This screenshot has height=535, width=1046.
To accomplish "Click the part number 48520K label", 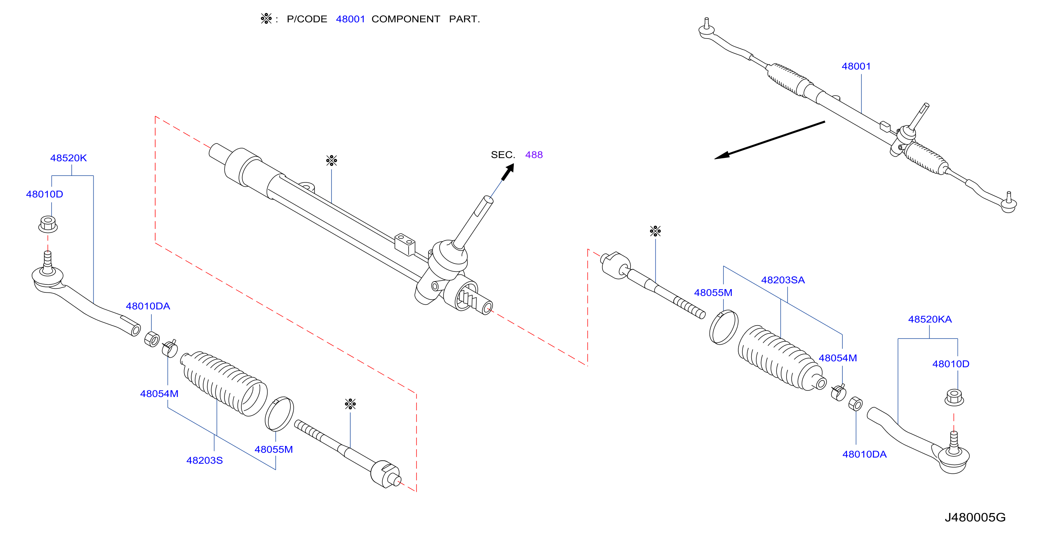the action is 68,158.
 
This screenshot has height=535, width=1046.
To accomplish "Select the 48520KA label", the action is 930,319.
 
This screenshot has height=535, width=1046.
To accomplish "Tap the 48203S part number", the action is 204,460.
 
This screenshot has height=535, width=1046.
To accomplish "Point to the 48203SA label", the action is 783,280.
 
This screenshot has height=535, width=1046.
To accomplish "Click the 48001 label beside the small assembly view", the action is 856,66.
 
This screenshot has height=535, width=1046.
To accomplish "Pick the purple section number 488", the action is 534,155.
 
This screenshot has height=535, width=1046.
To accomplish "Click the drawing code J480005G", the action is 975,517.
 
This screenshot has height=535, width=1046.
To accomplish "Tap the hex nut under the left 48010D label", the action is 48,225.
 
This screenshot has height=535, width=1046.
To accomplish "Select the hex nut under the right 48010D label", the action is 954,397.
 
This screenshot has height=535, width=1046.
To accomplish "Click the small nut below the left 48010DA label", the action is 152,339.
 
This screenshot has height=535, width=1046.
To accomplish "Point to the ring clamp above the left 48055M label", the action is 279,414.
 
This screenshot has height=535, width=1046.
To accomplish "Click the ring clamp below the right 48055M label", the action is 724,327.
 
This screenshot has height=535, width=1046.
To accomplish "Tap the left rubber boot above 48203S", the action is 224,384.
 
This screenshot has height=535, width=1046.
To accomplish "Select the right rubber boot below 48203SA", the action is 782,358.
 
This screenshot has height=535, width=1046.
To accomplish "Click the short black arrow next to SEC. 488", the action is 508,172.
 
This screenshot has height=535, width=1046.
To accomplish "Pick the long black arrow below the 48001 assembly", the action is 770,140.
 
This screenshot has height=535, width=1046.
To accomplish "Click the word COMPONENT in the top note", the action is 406,19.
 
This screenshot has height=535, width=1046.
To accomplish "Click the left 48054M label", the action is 159,394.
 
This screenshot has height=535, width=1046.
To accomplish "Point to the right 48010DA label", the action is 864,454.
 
